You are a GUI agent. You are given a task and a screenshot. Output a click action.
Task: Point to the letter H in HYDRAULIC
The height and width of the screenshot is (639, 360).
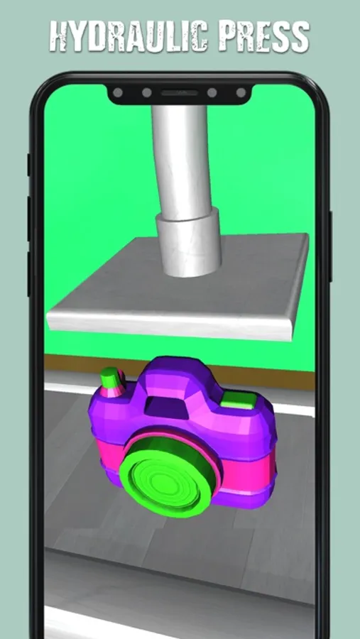coord(60,36)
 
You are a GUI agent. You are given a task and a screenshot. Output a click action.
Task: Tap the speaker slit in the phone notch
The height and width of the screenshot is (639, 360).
coord(180,93)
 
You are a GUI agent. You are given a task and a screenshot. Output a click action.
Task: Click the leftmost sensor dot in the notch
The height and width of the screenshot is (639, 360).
coord(118,92)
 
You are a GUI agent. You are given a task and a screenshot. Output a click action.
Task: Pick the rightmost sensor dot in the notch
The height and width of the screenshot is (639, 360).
coord(241,92)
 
